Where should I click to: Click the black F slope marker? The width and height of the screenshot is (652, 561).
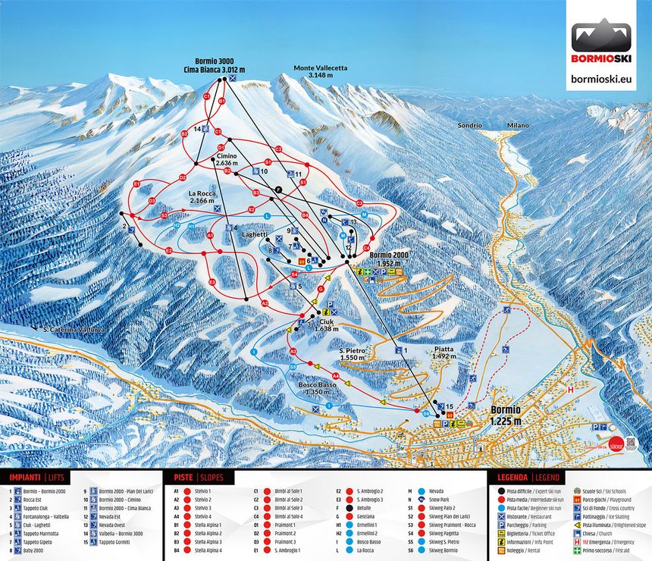(x=278, y=188)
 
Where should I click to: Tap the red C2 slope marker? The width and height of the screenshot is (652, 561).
(x=278, y=149)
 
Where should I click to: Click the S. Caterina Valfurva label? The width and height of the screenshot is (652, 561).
(x=73, y=330)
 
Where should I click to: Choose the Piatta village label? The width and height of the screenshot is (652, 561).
(x=444, y=353)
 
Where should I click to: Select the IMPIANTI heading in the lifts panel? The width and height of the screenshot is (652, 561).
(x=26, y=478)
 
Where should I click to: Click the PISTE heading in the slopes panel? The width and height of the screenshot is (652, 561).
(x=183, y=478)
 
